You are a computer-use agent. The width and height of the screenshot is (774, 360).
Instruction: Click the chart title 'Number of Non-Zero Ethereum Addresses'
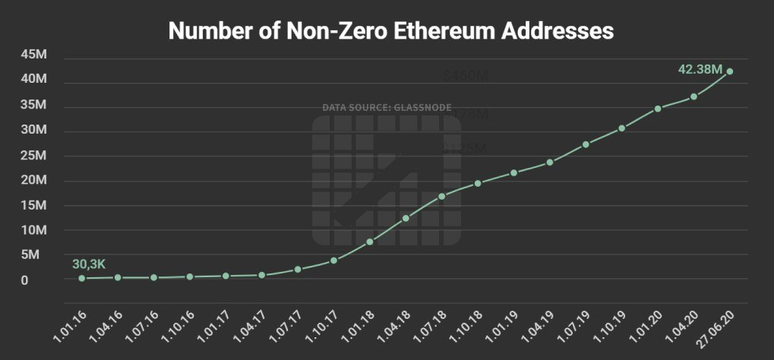390,31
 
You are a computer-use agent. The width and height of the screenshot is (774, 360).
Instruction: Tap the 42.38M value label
700,69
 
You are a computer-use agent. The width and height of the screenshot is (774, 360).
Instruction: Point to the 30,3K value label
88,264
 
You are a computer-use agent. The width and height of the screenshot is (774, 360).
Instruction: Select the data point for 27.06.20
730,71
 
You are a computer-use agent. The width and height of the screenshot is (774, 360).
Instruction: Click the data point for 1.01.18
370,242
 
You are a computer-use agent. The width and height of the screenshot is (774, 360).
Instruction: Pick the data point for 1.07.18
441,196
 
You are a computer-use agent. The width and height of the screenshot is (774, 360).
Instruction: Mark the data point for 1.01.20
658,109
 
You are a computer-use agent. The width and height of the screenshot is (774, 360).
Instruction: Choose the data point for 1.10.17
333,261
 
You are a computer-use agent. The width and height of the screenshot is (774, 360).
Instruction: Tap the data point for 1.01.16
81,278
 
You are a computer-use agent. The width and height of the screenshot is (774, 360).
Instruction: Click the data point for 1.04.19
550,162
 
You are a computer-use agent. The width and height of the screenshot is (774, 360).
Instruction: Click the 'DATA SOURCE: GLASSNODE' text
387,108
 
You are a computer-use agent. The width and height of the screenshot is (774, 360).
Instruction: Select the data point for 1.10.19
621,128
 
